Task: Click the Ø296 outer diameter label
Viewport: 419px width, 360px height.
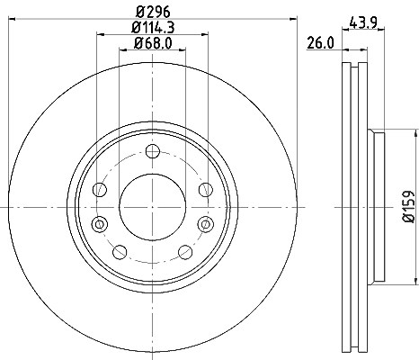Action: tap(153, 12)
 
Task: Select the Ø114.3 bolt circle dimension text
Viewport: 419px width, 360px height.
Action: tap(153, 28)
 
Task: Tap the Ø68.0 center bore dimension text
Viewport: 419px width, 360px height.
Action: tap(153, 43)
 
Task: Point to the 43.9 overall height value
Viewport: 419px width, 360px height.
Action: tap(363, 22)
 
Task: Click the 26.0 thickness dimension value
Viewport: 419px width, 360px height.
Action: tap(320, 43)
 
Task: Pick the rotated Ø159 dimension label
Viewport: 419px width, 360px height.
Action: tap(408, 207)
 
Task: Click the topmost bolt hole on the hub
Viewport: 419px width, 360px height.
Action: tap(153, 151)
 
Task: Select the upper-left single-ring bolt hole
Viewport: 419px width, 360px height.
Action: tap(100, 190)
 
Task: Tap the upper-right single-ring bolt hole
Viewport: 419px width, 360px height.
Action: tap(206, 190)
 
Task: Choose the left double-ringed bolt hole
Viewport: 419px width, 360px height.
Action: tap(100, 224)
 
